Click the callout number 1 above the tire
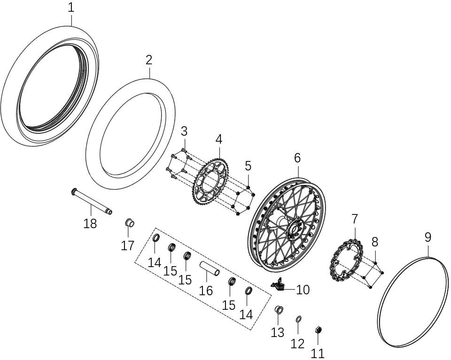click(x=70, y=8)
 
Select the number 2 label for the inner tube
click(x=149, y=60)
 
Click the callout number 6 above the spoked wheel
click(x=297, y=158)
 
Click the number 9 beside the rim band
click(x=428, y=237)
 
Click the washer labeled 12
click(x=298, y=320)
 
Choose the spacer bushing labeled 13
click(x=278, y=310)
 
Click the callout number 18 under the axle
click(x=90, y=223)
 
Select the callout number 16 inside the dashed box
click(x=206, y=291)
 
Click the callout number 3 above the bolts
click(x=184, y=130)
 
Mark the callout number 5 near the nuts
click(x=248, y=166)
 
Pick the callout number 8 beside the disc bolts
click(x=374, y=242)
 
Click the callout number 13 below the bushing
click(x=278, y=332)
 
